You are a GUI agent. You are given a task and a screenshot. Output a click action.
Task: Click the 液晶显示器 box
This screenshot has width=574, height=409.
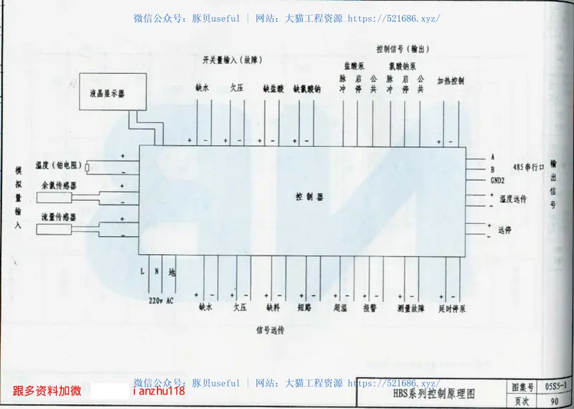tap(107, 93)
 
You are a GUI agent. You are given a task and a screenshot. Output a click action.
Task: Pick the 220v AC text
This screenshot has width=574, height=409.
tap(161, 300)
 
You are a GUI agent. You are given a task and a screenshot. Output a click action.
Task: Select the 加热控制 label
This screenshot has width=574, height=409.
tap(451, 80)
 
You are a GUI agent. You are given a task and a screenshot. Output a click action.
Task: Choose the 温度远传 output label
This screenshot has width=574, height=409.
tap(512, 198)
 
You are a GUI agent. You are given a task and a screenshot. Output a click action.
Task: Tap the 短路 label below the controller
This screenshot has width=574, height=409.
tap(304, 308)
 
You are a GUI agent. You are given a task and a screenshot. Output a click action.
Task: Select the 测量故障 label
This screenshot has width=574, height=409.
tap(410, 308)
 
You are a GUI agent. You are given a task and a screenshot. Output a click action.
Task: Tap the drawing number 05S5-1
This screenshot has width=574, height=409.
tap(557, 387)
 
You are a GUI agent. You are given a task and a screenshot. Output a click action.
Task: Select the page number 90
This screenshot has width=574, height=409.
tap(555, 400)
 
